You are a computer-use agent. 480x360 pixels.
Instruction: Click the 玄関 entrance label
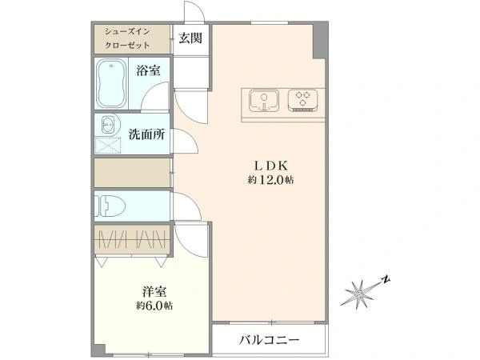(190, 38)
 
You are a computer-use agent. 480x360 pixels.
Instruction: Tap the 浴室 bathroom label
(148, 71)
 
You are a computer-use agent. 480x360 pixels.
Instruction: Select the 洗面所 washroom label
(146, 134)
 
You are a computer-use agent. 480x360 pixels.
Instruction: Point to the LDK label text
(271, 166)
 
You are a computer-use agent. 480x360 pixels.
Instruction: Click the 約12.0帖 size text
(271, 180)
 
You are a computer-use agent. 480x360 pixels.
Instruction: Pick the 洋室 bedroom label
(154, 292)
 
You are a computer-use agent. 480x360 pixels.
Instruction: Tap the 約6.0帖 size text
(154, 306)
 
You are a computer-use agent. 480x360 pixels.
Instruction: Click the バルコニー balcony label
(269, 340)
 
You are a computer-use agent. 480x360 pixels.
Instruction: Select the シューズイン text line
(127, 31)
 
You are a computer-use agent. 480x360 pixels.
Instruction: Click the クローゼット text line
(127, 46)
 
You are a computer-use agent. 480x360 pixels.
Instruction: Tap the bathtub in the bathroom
(111, 83)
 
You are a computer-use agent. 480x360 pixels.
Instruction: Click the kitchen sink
(264, 101)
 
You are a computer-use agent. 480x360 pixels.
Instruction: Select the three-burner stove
(302, 100)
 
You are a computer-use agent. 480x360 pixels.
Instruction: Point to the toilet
(110, 206)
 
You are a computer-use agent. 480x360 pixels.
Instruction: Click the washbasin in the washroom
(108, 126)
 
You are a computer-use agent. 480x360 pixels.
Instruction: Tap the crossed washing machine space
(108, 146)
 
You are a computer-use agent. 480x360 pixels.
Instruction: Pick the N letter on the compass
(386, 279)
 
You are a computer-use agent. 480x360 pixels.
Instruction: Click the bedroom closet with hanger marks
(132, 239)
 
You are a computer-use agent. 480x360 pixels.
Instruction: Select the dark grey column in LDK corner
(318, 41)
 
